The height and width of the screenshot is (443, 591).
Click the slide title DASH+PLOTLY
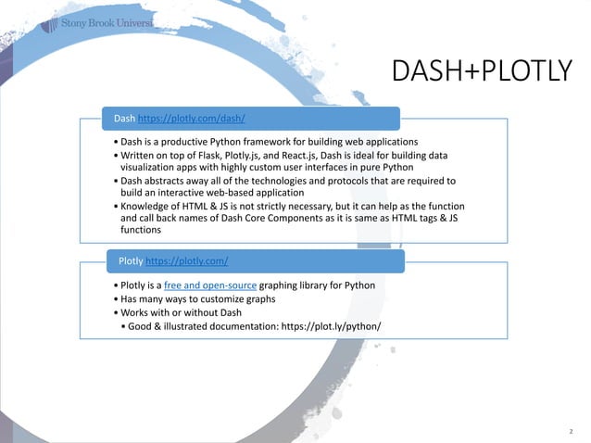(482, 70)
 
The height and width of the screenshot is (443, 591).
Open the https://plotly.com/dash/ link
(192, 119)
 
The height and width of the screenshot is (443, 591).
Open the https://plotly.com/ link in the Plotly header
(187, 261)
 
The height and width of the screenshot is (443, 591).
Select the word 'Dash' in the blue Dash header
(124, 119)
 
